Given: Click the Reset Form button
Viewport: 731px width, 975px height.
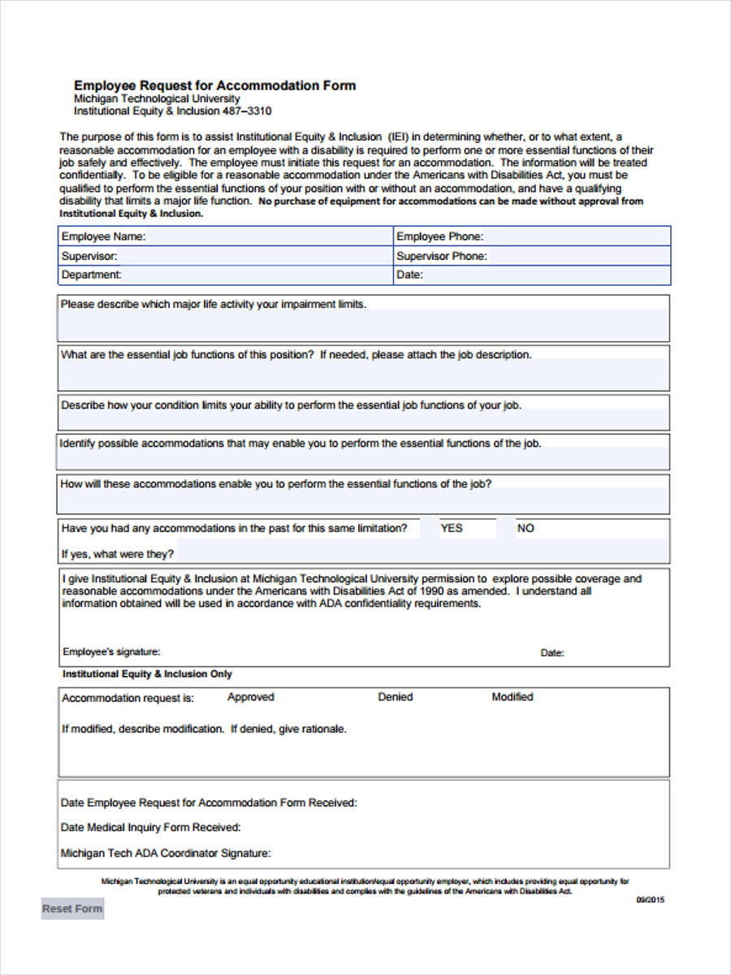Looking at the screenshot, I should [72, 908].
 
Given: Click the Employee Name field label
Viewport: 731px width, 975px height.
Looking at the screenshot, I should [103, 236].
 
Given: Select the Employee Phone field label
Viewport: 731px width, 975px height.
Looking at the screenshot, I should [439, 236].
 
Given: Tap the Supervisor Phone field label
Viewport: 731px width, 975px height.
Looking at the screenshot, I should [442, 256].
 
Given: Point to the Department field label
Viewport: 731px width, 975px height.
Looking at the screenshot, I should [91, 275].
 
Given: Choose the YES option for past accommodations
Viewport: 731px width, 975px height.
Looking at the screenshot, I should [452, 528].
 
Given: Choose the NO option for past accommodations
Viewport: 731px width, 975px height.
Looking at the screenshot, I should [526, 528].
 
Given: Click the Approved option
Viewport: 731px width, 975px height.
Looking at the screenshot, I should [250, 697].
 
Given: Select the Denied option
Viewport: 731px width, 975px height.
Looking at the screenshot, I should [395, 697].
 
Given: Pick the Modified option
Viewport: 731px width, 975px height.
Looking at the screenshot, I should [512, 697].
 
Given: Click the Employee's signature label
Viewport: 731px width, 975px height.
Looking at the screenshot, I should [111, 652].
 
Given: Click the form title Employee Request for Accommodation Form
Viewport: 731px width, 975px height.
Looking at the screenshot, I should [214, 85].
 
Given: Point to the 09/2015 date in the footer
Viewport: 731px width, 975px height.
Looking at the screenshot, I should [650, 899].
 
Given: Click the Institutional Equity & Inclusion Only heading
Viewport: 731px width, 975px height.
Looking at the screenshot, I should [147, 674].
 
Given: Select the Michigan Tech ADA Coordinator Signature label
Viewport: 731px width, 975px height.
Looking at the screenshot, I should [166, 853].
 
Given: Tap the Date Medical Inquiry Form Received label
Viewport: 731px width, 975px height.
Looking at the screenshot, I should [151, 827].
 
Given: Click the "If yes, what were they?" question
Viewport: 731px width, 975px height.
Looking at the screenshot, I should [118, 554].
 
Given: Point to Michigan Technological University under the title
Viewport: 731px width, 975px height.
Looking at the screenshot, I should [157, 98].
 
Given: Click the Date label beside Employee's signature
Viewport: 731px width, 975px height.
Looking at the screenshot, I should [552, 653].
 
